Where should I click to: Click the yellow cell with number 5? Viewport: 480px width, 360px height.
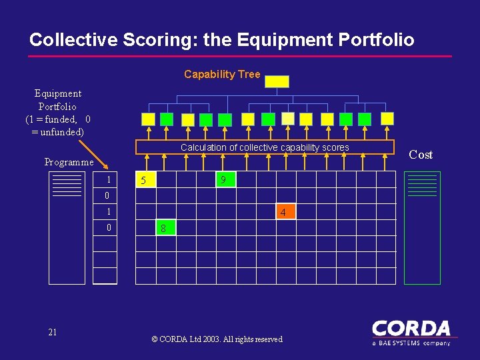(x=145, y=180)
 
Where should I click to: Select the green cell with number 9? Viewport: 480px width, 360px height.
(x=225, y=180)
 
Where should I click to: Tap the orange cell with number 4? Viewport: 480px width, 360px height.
(x=284, y=213)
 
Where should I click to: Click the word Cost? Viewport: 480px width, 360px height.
(x=421, y=155)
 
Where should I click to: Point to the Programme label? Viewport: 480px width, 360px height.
(x=69, y=162)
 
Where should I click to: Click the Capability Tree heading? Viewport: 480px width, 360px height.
(x=222, y=74)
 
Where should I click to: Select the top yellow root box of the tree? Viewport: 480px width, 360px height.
(x=277, y=81)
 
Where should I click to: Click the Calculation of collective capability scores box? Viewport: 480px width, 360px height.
(x=265, y=147)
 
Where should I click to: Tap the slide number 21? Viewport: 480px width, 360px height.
(x=53, y=332)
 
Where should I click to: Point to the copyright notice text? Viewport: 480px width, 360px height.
(x=217, y=339)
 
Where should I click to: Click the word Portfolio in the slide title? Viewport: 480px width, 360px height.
(x=376, y=40)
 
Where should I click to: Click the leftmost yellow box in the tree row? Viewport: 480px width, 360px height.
(x=149, y=119)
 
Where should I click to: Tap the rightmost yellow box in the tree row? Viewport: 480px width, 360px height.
(x=387, y=118)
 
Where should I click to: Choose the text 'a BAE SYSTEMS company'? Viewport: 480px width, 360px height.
(x=411, y=343)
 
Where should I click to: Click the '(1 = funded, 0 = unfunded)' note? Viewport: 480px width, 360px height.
(x=58, y=125)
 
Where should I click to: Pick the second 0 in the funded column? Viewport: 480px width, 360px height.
(x=107, y=228)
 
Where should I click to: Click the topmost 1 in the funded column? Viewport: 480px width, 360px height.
(x=107, y=180)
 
